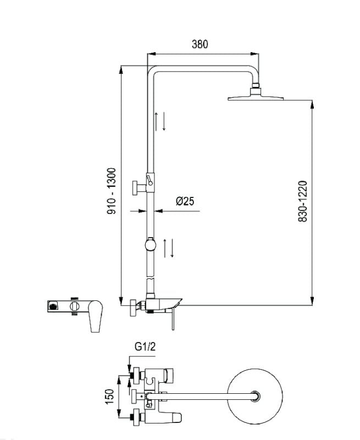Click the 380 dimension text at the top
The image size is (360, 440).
point(200,45)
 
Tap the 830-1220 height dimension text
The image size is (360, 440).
point(302,201)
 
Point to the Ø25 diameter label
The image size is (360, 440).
point(184,201)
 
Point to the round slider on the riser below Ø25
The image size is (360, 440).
point(149,243)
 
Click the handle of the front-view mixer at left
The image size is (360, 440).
point(95,317)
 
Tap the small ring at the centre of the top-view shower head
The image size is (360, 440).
point(255,395)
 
